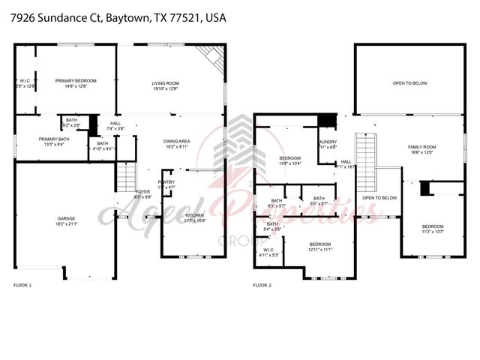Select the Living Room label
pyautogui.click(x=166, y=86)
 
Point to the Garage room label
pyautogui.click(x=66, y=221)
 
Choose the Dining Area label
pyautogui.click(x=177, y=144)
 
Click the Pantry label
pyautogui.click(x=166, y=184)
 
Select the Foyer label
pyautogui.click(x=143, y=193)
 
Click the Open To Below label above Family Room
pyautogui.click(x=409, y=83)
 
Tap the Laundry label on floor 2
pyautogui.click(x=327, y=144)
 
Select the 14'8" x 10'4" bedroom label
pyautogui.click(x=290, y=161)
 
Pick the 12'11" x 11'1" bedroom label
pyautogui.click(x=320, y=247)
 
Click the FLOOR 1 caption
pyautogui.click(x=22, y=286)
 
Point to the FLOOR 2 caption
pyautogui.click(x=262, y=286)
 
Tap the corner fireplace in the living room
pyautogui.click(x=213, y=55)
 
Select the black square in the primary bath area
pyautogui.click(x=94, y=123)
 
